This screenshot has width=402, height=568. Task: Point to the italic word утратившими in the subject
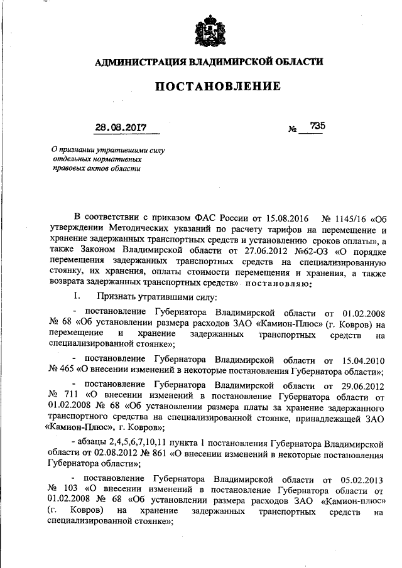(123, 150)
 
